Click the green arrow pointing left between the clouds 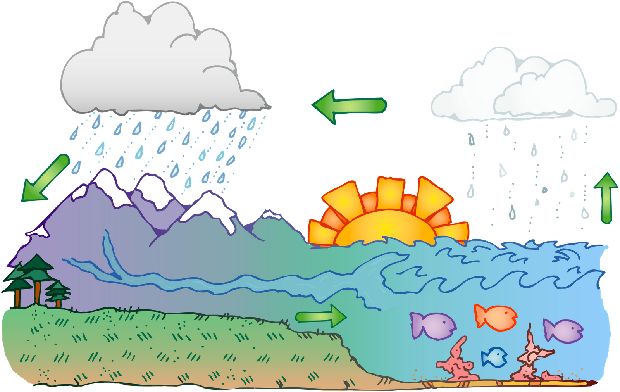pyautogui.click(x=349, y=105)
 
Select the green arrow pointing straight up pyautogui.click(x=606, y=198)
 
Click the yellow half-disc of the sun pyautogui.click(x=384, y=229)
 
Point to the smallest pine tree pyautogui.click(x=58, y=291)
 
